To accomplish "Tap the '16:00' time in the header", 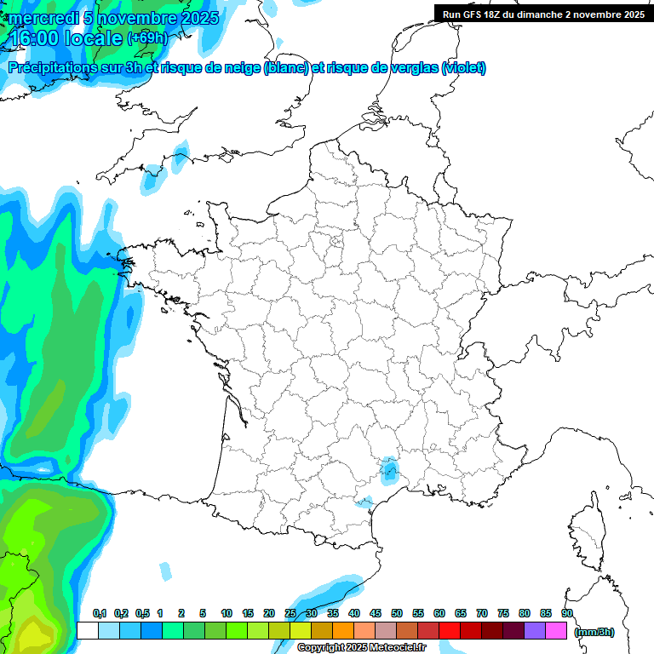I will pos(35,38).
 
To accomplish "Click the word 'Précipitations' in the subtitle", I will pos(60,68).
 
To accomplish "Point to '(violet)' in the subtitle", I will pos(463,68).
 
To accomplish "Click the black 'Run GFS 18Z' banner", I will pos(543,14).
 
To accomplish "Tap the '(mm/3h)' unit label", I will pos(594,631).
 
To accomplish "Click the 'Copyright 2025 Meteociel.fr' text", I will pos(361,648).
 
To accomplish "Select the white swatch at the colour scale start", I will pos(87,630).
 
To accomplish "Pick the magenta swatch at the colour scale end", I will pos(556,630).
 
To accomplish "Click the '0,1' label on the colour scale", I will pos(99,613).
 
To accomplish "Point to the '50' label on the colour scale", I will pos(397,613).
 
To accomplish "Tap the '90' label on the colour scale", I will pos(567,613).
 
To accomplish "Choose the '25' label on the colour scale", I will pos(290,613).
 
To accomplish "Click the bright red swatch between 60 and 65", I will pos(450,630).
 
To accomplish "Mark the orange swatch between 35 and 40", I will pos(343,630).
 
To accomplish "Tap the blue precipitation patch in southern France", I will pos(390,468).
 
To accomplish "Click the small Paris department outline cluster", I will pos(336,245).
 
